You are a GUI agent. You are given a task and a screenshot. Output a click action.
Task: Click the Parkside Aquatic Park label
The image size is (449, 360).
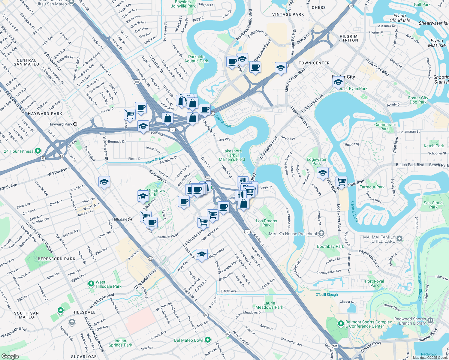196,59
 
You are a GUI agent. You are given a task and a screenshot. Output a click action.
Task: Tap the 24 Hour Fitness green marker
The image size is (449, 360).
38,151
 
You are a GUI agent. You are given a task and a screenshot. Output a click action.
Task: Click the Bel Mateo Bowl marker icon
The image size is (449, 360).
208,340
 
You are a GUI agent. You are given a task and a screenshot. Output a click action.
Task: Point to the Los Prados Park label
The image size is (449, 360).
267,223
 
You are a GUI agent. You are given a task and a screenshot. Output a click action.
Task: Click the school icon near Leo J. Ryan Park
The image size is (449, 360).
338,82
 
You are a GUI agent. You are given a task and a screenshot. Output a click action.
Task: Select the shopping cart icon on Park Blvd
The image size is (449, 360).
341,181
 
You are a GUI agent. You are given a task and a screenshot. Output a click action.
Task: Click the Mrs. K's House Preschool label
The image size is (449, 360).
293,234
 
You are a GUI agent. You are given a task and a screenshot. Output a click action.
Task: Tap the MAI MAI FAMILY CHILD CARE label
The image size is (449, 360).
379,239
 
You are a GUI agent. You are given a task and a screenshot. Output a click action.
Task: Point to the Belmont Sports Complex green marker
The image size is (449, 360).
341,324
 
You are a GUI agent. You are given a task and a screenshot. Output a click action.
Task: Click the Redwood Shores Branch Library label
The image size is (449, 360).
410,321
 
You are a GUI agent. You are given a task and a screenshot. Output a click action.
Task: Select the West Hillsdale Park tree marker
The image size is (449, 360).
91,283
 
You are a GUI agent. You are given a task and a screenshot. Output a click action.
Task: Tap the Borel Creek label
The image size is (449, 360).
155,160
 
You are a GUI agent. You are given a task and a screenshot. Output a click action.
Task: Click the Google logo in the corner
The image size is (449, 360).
10,356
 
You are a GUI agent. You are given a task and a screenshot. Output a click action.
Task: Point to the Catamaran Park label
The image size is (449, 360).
384,127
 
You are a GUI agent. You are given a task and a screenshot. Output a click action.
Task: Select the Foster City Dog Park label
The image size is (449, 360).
418,100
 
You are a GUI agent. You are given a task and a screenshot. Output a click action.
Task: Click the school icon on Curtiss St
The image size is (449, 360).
202,254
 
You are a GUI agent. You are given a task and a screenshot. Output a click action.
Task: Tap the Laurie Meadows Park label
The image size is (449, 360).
269,305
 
